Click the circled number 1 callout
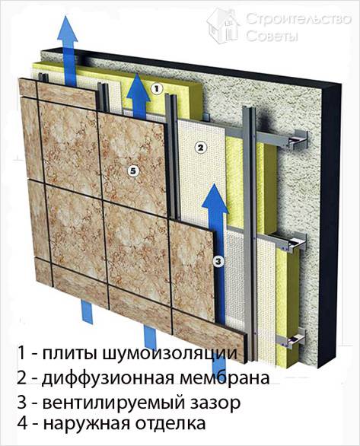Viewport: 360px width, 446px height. point(156,89)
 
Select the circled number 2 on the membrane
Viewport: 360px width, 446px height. point(199,147)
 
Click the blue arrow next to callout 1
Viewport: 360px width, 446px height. point(137,95)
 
